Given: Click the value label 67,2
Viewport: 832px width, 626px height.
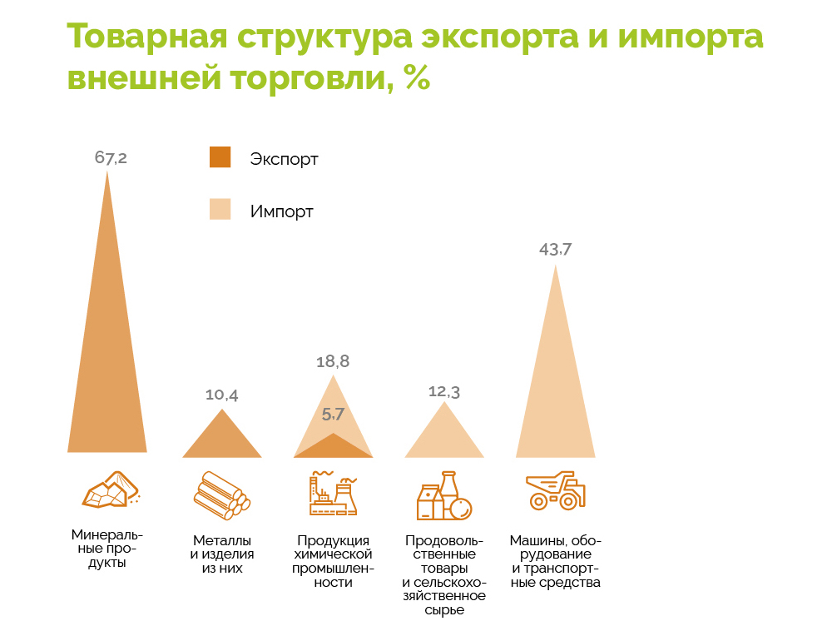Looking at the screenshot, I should pos(111,157).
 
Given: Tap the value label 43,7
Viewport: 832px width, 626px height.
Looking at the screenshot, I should pos(555,249).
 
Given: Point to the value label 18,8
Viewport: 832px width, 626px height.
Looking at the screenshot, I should pos(333,361).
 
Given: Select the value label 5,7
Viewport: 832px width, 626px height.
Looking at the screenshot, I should pos(333,414).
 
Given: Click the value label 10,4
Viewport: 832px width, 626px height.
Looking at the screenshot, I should pos(222,395).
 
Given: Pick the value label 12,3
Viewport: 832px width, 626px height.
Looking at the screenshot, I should pos(444,391).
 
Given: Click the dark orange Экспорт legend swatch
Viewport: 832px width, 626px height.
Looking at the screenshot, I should pos(220,157).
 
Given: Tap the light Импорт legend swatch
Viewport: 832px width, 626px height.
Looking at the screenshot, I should pos(220,211).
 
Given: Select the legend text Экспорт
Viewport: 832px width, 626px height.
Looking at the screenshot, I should pos(284,159).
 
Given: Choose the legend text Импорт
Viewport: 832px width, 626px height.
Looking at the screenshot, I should pos(281,211).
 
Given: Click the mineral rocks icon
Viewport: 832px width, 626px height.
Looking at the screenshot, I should pos(110,490).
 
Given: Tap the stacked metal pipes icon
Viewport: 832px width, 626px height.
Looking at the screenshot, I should pos(222,496).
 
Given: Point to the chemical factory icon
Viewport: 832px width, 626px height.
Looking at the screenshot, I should pos(333,494).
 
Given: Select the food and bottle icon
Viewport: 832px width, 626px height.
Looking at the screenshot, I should pos(444,496).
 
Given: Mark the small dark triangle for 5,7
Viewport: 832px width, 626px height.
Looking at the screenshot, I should pos(333,447).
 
